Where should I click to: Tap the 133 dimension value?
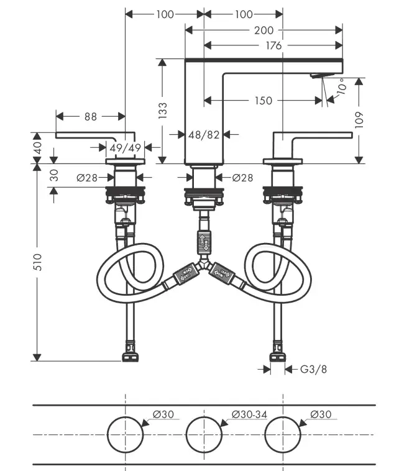(x=163, y=110)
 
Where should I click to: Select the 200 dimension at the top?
(x=264, y=29)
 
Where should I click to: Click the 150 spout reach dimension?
(x=264, y=101)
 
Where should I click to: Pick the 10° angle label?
(x=341, y=86)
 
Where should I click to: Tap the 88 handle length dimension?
(x=91, y=116)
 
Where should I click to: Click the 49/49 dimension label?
(x=126, y=147)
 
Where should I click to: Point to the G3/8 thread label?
(x=313, y=370)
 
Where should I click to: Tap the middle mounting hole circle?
(x=203, y=434)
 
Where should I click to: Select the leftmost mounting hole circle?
(x=125, y=434)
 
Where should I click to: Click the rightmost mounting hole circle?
(x=282, y=434)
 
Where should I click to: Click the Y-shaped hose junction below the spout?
(x=204, y=267)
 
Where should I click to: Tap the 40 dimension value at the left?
(x=37, y=148)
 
